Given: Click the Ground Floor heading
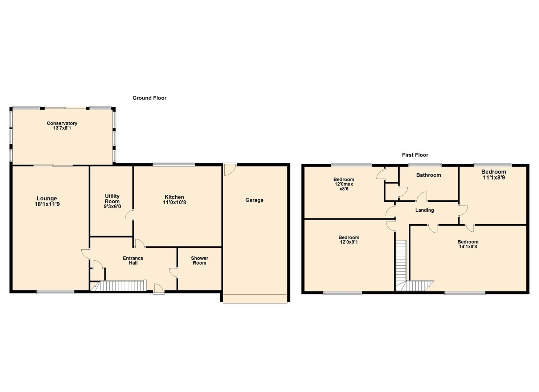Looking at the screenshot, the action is point(149,98).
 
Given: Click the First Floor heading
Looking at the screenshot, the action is point(415,155).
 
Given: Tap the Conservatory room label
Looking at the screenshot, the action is point(62,123).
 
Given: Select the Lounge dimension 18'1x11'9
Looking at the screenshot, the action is point(47,204).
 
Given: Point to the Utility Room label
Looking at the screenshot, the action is point(112,199).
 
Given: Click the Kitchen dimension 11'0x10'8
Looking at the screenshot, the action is point(174,203).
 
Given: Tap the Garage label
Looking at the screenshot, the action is point(254,200).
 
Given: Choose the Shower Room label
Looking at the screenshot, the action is point(200,260).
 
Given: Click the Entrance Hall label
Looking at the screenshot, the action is point(133,260).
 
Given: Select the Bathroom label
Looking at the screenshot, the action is point(429,175).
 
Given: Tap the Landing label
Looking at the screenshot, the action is point(424,210).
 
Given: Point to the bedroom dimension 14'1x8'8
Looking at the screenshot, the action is point(468,246).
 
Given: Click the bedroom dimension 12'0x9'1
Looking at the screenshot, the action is point(349,242).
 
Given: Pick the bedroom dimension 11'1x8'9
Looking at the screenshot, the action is point(494,177).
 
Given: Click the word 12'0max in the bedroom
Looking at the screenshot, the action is point(344,184).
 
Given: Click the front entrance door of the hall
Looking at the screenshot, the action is point(159,289).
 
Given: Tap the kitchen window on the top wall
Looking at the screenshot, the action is point(174,164).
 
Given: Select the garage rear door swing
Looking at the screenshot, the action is point(230,169).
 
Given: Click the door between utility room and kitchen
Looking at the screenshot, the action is point(129,215).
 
